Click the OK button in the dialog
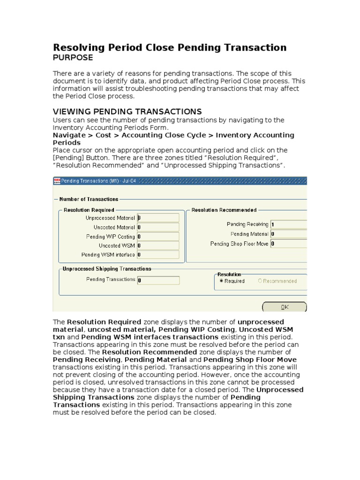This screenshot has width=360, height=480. tap(284, 307)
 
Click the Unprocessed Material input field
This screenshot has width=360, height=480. tap(158, 218)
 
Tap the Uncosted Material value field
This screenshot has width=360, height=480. tap(158, 227)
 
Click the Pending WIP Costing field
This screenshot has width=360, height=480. tap(158, 237)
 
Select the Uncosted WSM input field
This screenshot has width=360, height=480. tap(158, 246)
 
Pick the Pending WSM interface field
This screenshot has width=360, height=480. tap(158, 255)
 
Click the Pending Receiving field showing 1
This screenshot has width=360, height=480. tap(288, 225)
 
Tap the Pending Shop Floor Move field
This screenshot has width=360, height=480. tap(288, 244)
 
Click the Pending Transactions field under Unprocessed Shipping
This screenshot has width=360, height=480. tap(158, 280)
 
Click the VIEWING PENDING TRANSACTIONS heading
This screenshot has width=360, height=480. tap(127, 112)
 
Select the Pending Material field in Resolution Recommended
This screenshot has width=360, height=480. tap(288, 234)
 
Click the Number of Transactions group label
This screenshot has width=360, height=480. tap(89, 199)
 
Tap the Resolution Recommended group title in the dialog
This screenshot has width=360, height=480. tap(224, 210)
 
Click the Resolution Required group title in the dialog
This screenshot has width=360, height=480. tap(89, 210)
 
